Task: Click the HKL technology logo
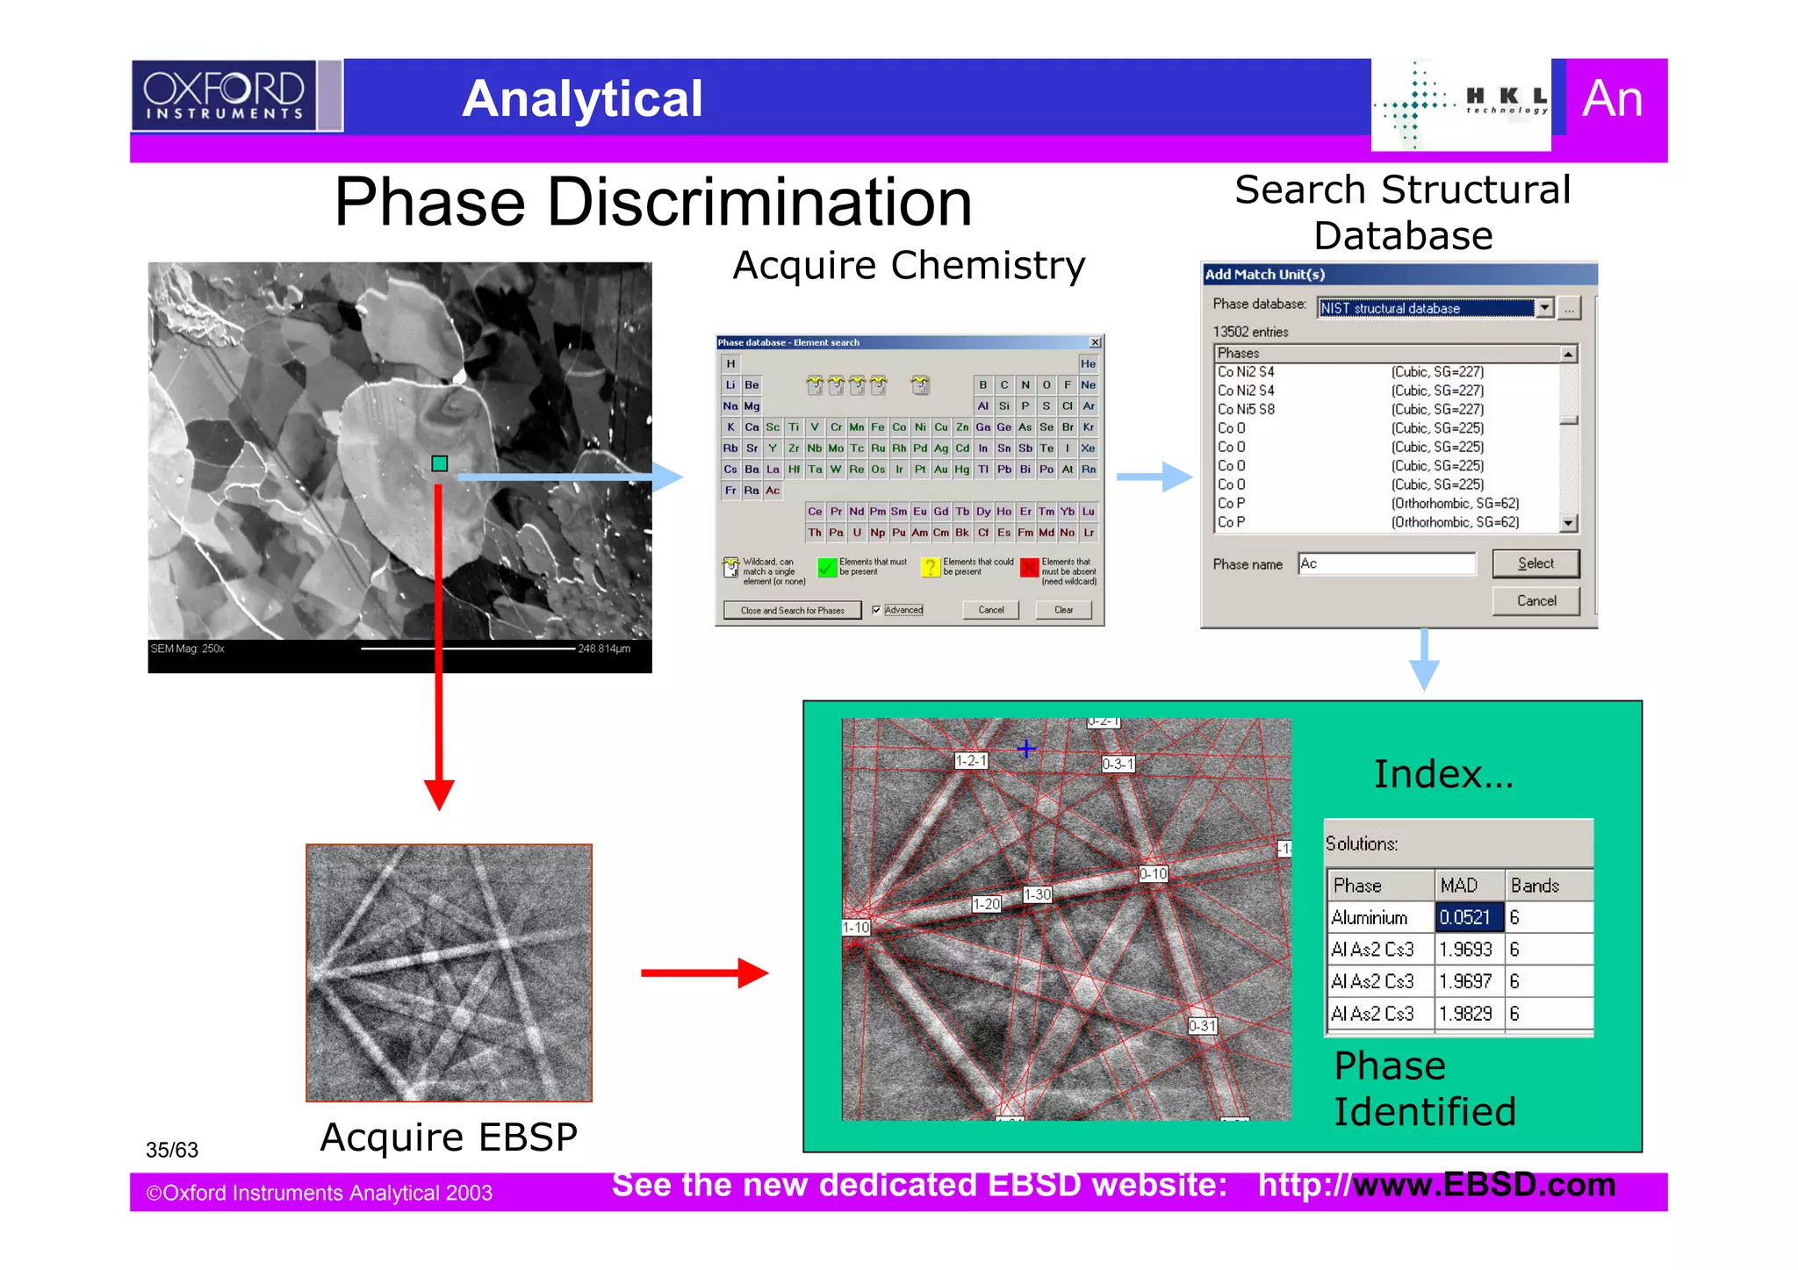[1461, 104]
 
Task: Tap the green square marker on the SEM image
[440, 463]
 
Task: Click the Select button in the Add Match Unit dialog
[1535, 563]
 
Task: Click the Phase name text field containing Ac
[1386, 563]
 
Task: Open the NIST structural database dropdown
[1544, 308]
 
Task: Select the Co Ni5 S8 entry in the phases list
[1246, 410]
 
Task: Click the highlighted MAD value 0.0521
[1468, 917]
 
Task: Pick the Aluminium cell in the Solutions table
[1378, 917]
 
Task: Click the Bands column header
[1547, 886]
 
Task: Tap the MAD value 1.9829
[1468, 1014]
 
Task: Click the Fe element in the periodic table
[878, 427]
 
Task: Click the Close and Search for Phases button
[792, 610]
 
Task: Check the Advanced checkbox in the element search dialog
[876, 610]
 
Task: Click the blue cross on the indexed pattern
[1026, 749]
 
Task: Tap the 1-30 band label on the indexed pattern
[1038, 894]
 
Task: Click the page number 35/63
[172, 1150]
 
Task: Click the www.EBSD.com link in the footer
[1484, 1185]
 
